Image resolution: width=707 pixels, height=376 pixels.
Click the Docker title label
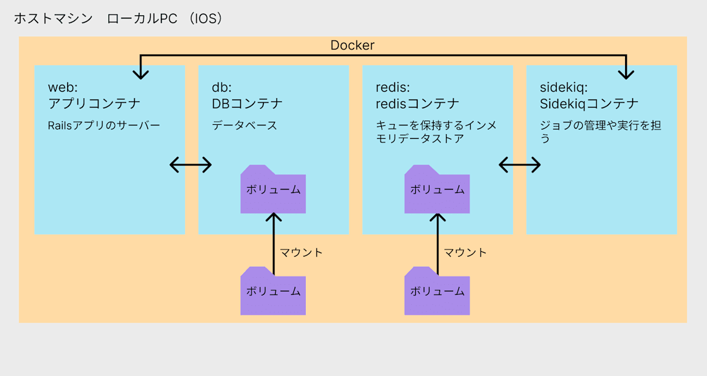click(x=352, y=45)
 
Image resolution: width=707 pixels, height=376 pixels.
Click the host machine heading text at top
click(x=118, y=19)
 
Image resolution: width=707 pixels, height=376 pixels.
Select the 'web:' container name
click(x=63, y=87)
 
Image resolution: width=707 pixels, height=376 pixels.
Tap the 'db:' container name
click(x=222, y=87)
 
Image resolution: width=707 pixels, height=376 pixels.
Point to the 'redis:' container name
click(x=392, y=87)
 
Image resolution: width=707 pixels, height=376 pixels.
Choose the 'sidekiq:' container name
click(x=564, y=87)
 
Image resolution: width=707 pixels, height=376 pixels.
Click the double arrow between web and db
click(x=191, y=165)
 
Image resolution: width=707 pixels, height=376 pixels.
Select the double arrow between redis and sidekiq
click(x=520, y=165)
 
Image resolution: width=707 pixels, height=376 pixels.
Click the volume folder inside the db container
click(x=273, y=189)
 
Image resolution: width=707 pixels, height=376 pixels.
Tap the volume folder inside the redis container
click(x=437, y=189)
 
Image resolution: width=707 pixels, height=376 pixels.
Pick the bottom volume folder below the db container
click(x=273, y=291)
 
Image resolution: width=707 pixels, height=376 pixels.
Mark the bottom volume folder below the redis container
click(x=437, y=291)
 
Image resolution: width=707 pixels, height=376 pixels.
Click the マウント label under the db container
click(x=301, y=252)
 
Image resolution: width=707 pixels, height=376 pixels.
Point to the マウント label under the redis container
click(x=465, y=252)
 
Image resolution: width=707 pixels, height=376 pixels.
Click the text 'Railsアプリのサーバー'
click(x=104, y=125)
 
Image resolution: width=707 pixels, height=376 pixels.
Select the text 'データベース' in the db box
click(x=245, y=125)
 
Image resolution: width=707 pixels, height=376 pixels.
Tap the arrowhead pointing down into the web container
click(x=141, y=75)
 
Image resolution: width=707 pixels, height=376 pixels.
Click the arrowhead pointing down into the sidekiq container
click(x=626, y=75)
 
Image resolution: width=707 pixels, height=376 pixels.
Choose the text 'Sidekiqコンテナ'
click(x=589, y=104)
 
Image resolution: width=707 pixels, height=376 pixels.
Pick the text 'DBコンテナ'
click(x=247, y=104)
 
